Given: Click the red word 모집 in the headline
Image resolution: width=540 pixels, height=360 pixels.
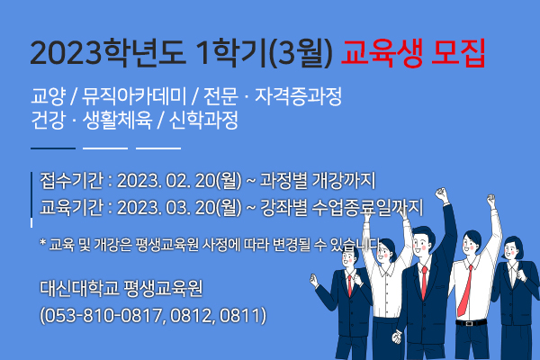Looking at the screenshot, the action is (x=458, y=53).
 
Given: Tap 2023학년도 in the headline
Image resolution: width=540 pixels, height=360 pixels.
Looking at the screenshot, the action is (x=108, y=53).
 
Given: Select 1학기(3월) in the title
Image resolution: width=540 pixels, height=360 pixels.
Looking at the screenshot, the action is (x=264, y=54).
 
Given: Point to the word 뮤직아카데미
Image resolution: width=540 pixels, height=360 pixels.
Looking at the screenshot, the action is (x=134, y=96).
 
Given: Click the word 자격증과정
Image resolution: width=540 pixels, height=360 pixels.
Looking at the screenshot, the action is (x=298, y=96).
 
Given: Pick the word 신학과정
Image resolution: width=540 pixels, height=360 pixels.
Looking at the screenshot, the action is (x=203, y=121).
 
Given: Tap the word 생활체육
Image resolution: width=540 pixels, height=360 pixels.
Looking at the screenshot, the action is (x=117, y=121).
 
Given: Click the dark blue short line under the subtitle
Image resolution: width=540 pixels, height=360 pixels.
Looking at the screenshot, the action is (x=53, y=148).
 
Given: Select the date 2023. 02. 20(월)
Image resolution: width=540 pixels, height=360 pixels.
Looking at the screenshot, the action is (x=179, y=181).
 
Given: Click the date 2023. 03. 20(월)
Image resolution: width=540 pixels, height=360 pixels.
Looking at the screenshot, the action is (x=179, y=207).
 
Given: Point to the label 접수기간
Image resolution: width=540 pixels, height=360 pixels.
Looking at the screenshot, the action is (x=71, y=181).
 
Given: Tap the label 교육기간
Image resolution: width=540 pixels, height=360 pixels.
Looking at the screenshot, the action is (x=71, y=207).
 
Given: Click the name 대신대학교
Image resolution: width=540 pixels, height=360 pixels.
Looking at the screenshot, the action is (x=79, y=288).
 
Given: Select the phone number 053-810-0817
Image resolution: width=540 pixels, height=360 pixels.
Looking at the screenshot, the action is (x=103, y=315).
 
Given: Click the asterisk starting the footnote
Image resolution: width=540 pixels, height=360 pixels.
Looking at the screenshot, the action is (x=42, y=242).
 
